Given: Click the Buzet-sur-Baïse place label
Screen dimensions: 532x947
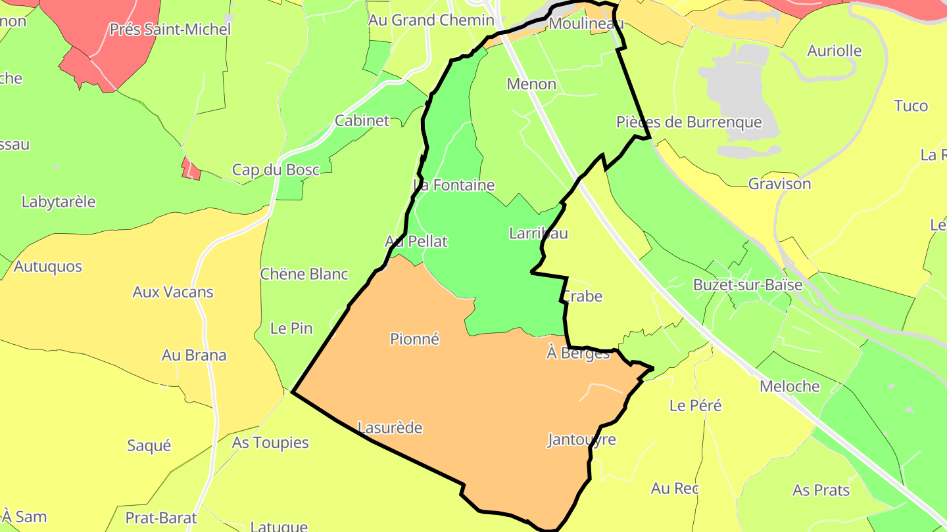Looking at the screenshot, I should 748,285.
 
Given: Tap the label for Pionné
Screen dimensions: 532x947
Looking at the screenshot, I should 414,339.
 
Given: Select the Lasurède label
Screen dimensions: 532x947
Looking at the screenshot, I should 390,428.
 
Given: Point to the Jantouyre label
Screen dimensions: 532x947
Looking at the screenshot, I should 582,439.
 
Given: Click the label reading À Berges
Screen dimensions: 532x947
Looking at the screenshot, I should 578,353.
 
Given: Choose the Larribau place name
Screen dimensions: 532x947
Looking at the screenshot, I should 539,233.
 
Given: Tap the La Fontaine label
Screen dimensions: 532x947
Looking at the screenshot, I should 454,185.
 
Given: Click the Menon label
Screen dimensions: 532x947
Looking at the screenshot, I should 531,84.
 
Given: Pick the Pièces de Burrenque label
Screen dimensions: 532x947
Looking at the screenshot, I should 689,122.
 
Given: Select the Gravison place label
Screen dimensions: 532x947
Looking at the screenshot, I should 780,184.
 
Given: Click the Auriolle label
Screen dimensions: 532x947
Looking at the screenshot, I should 835,51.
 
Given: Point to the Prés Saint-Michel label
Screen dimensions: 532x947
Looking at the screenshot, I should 170,30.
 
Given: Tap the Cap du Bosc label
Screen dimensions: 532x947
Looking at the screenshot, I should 276,169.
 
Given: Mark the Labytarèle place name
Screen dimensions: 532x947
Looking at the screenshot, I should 59,202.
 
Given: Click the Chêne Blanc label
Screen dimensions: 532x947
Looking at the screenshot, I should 304,274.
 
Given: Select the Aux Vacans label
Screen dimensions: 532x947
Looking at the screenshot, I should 173,292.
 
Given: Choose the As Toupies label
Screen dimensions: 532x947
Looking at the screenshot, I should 270,443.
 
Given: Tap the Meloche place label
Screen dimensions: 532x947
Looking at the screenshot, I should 790,386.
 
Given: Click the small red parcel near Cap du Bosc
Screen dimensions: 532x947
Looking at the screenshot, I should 191,169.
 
